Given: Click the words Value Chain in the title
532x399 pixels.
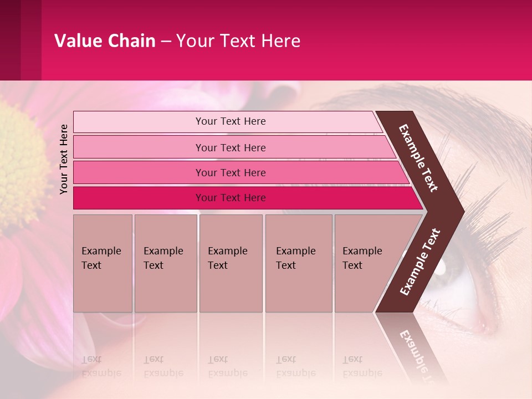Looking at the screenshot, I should pyautogui.click(x=105, y=41).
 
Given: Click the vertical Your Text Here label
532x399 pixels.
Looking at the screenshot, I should pyautogui.click(x=64, y=159).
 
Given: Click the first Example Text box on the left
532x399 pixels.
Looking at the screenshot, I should pyautogui.click(x=103, y=263).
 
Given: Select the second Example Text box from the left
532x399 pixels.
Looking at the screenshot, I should pyautogui.click(x=165, y=263).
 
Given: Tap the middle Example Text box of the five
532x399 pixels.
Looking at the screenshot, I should pyautogui.click(x=231, y=263).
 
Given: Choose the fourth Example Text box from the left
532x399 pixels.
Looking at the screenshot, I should pyautogui.click(x=298, y=263).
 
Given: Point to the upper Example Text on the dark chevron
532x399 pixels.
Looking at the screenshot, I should pyautogui.click(x=419, y=158).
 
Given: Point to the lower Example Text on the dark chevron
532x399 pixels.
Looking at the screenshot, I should pyautogui.click(x=420, y=262).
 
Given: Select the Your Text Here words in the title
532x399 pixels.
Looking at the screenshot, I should pyautogui.click(x=238, y=41).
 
